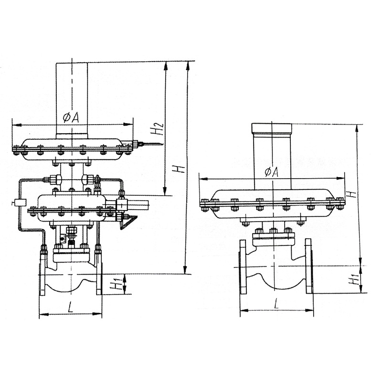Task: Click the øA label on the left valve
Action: (x=71, y=118)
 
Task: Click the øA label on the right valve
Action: (x=271, y=173)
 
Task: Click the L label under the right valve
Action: (x=276, y=304)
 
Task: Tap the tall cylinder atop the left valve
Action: (x=72, y=101)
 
